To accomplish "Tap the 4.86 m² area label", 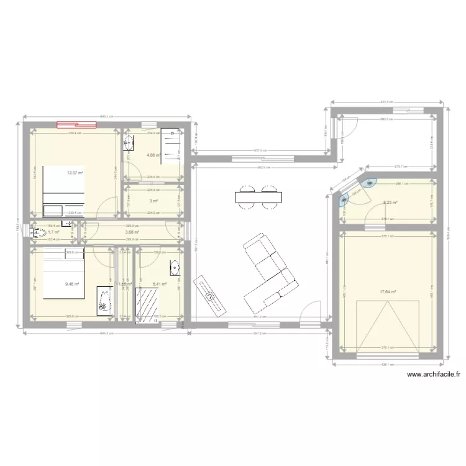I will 153,155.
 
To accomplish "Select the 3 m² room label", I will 153,201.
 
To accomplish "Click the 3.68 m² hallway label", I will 132,232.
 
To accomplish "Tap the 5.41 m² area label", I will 160,285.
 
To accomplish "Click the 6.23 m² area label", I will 390,203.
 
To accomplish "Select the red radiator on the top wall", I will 77,124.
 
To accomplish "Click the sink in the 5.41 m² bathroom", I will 175,268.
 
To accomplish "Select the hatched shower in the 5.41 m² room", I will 147,304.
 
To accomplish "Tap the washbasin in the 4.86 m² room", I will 129,145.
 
